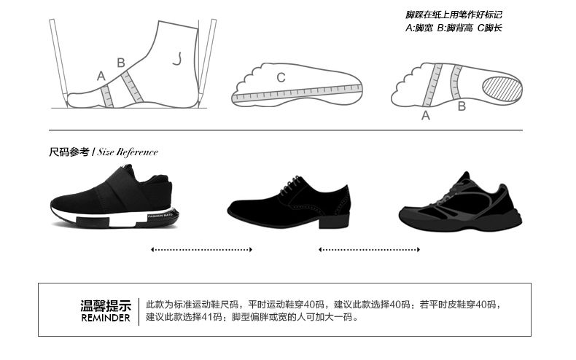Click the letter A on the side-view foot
101,75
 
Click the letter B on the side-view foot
121,63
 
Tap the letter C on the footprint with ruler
281,77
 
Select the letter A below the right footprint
426,116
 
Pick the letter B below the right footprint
462,106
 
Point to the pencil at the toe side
58,58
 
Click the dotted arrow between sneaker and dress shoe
201,250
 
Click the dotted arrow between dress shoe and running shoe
369,250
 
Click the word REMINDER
106,318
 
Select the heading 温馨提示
106,305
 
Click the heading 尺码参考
69,152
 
